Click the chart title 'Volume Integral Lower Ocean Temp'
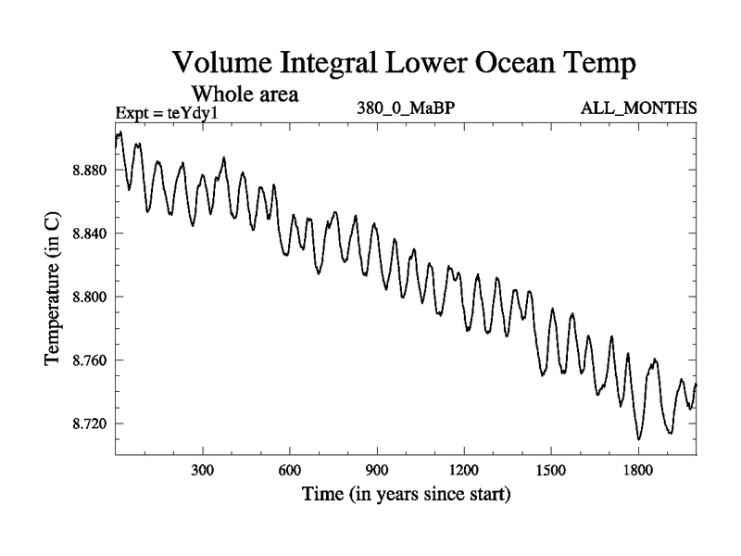click(x=406, y=64)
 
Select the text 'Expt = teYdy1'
click(x=166, y=113)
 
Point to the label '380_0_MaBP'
click(x=405, y=107)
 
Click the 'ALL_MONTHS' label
click(x=638, y=107)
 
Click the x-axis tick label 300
click(x=203, y=469)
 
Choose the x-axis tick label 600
click(x=290, y=469)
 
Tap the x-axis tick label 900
click(x=377, y=469)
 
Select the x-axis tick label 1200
click(x=464, y=469)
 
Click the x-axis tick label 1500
click(x=551, y=469)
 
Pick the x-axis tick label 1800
click(x=638, y=469)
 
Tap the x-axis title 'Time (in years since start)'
click(x=406, y=495)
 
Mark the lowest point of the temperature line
click(x=638, y=439)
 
